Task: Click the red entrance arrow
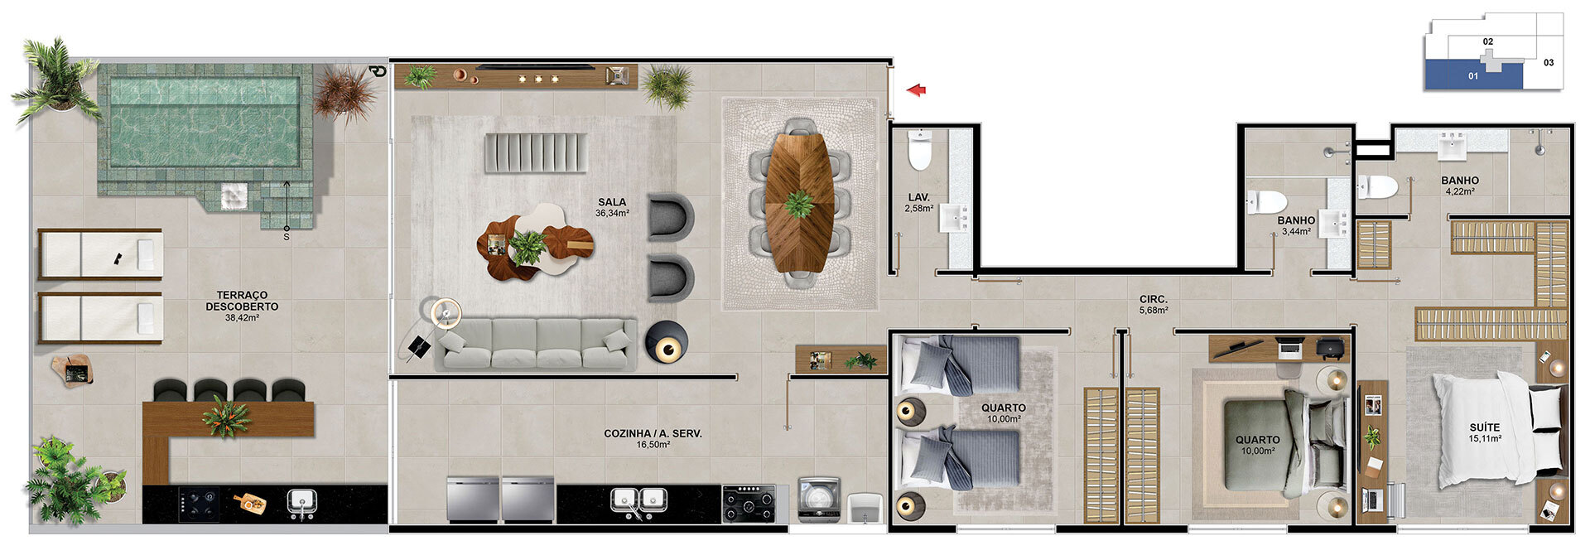pos(916,90)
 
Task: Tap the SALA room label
pos(612,202)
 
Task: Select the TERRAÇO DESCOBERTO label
pos(242,301)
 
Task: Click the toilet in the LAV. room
pos(920,149)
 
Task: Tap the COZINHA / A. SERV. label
pos(653,433)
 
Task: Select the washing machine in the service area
pos(819,499)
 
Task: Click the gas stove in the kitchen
pos(749,503)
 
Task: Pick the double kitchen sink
pos(639,500)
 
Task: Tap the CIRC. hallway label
pos(1154,299)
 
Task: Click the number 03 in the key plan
pos(1549,62)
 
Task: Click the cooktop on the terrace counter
pos(200,503)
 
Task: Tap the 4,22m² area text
pos(1459,191)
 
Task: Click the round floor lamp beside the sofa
pos(667,342)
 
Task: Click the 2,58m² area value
pos(918,208)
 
